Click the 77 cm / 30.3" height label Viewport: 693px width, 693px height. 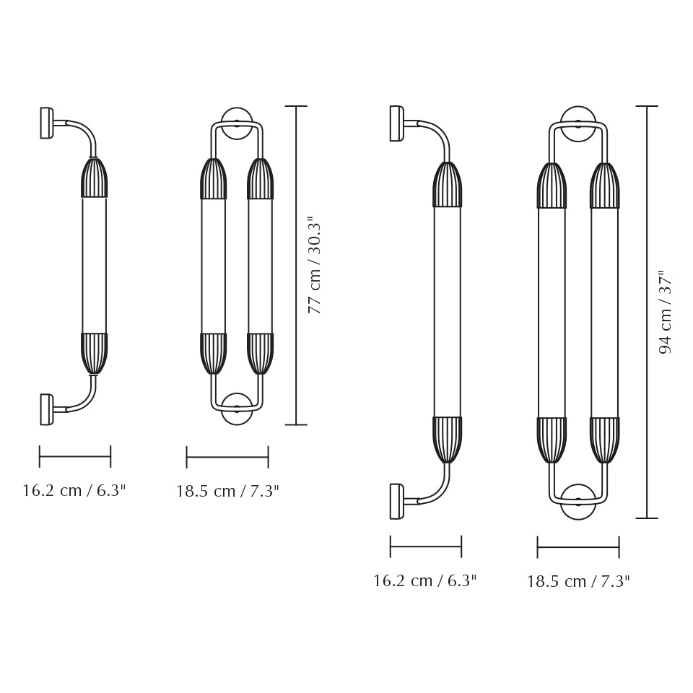point(314,265)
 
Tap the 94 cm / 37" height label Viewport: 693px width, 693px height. point(665,312)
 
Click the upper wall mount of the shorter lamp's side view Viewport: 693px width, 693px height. point(46,123)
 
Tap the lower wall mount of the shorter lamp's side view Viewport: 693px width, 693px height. point(46,409)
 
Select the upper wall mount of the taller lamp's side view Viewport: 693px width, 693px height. point(396,123)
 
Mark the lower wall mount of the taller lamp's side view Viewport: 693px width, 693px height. point(396,501)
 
